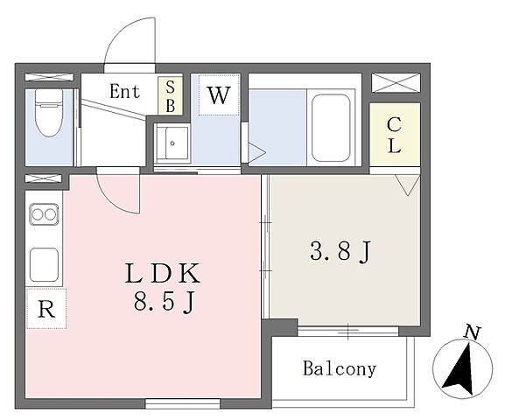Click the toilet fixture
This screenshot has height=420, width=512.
tap(49, 113)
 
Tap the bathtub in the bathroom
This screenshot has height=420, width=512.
tap(331, 128)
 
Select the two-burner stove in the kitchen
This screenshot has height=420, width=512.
tap(44, 214)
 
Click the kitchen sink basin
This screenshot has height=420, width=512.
tap(44, 264)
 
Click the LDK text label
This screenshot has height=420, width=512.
tap(162, 273)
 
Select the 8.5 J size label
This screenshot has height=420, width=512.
tap(165, 302)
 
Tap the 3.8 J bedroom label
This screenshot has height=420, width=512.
tap(340, 251)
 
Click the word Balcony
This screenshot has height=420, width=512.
tap(340, 368)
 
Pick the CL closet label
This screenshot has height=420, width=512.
tap(395, 135)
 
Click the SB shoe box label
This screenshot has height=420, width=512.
tap(170, 96)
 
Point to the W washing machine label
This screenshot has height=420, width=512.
tap(219, 95)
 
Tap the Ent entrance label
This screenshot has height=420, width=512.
tap(125, 91)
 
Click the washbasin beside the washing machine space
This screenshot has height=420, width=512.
tap(172, 143)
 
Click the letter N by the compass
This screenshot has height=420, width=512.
tap(472, 333)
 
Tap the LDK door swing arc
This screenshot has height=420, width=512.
tap(115, 199)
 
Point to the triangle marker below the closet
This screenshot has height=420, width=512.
tap(407, 185)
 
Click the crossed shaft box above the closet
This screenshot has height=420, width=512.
tap(396, 82)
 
